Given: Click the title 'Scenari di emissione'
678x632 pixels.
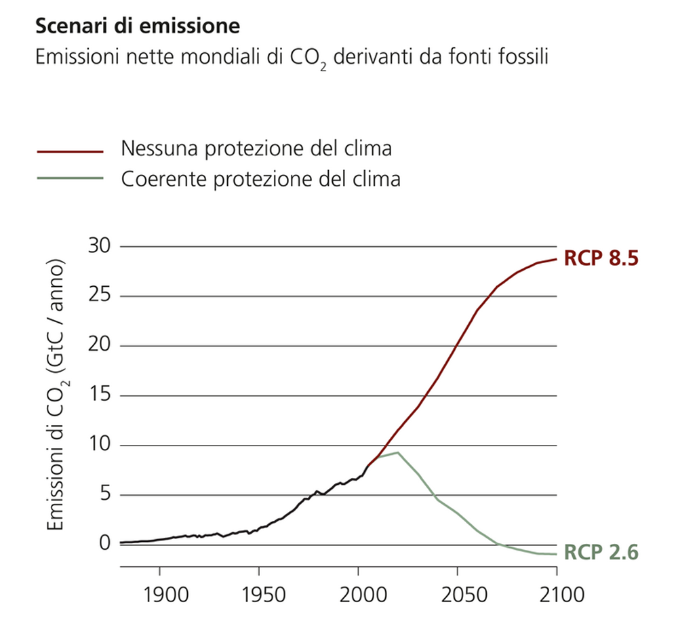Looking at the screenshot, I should click(x=138, y=26).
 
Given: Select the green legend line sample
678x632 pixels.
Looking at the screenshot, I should click(x=70, y=179).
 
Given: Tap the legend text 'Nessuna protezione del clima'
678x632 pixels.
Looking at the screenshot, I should click(x=256, y=149).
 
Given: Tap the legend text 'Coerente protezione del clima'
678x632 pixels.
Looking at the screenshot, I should click(x=260, y=179).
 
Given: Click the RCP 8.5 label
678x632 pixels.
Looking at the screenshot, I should click(x=601, y=259).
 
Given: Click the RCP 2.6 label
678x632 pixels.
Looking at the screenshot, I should click(x=601, y=553).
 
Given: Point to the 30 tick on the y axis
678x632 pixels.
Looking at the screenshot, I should click(x=98, y=246).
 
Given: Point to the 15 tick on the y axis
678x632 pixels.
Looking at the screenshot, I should click(x=98, y=395).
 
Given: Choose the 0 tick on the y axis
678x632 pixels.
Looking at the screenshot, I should click(x=104, y=543).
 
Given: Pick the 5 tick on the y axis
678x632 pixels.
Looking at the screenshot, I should click(x=104, y=494).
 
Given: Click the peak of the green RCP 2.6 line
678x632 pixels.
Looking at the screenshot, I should click(x=397, y=452).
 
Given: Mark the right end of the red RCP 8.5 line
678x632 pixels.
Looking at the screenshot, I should click(x=556, y=258).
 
